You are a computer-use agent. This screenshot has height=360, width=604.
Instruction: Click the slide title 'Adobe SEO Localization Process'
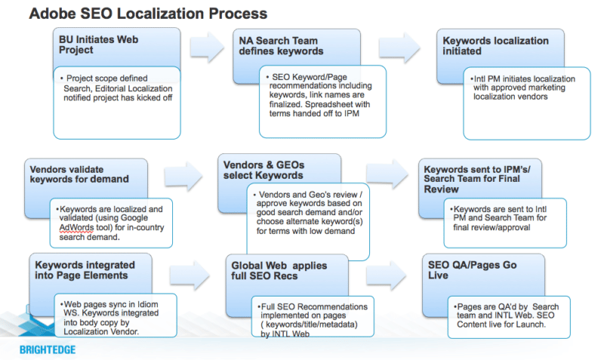(x=148, y=14)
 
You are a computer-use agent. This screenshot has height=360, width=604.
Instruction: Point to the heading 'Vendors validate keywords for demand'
(x=78, y=174)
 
